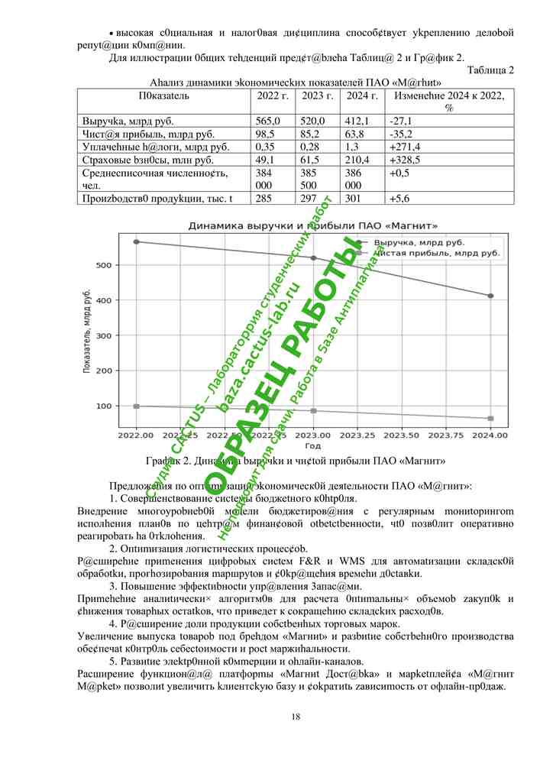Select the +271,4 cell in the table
click(x=404, y=146)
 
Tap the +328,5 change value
click(x=404, y=159)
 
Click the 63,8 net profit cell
click(x=357, y=134)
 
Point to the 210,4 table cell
click(x=358, y=159)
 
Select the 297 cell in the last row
click(x=309, y=199)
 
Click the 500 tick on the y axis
click(x=104, y=265)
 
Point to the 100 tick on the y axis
click(x=104, y=406)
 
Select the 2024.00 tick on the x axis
click(x=490, y=435)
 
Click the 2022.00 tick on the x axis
click(x=136, y=435)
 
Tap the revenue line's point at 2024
click(x=490, y=296)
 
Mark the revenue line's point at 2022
click(x=137, y=241)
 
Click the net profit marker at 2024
click(x=490, y=419)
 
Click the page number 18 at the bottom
click(x=296, y=716)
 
